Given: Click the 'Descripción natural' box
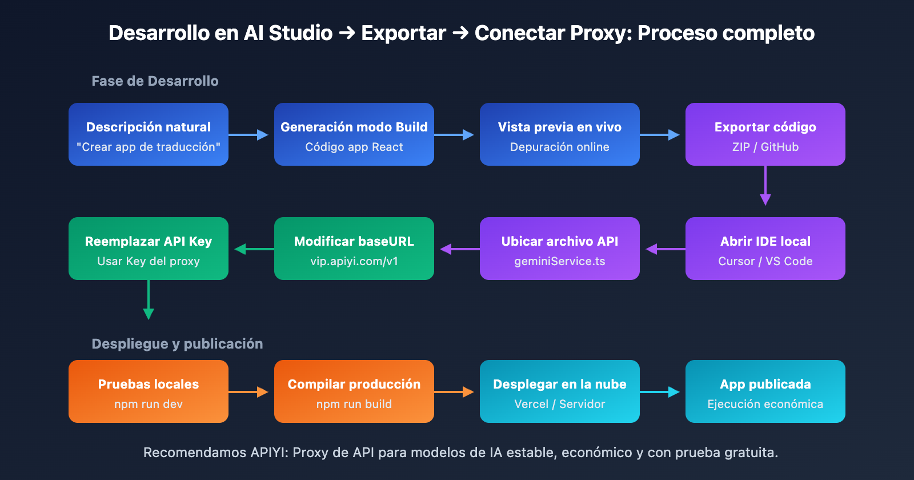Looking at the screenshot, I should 149,134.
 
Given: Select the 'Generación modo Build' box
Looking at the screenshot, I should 354,134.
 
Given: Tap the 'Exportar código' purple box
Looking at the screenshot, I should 765,134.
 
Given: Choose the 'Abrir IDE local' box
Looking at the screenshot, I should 765,249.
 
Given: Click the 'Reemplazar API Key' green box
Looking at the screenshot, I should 149,249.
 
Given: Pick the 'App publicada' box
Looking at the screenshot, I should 765,391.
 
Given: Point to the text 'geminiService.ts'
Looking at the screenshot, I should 560,261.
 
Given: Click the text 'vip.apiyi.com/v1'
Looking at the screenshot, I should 354,261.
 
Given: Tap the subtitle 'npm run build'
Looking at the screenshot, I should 354,404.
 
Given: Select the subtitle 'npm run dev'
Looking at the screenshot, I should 149,404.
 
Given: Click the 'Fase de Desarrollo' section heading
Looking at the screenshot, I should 155,81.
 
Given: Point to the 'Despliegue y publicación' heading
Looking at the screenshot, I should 177,344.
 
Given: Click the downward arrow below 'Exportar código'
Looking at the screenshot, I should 765,186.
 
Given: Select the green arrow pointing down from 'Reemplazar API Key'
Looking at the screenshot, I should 149,300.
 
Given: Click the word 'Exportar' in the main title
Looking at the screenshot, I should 403,33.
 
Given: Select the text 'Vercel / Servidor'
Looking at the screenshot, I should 560,404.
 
